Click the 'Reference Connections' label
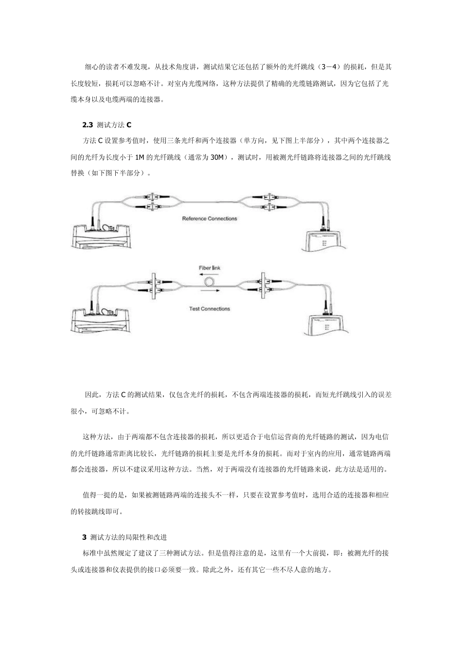pos(210,219)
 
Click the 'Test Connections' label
pos(209,309)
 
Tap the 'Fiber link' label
pos(210,268)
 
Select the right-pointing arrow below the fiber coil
pos(210,291)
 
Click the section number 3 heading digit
pos(85,537)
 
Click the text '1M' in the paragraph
pos(140,157)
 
